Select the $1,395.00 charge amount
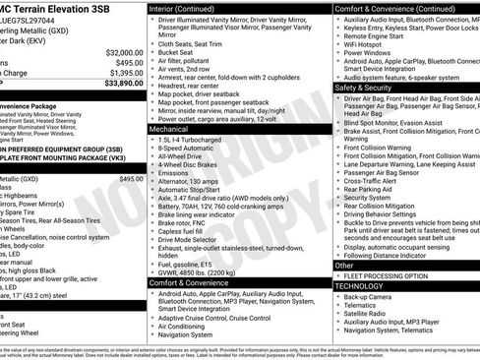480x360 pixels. (124, 73)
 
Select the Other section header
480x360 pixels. (344, 265)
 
